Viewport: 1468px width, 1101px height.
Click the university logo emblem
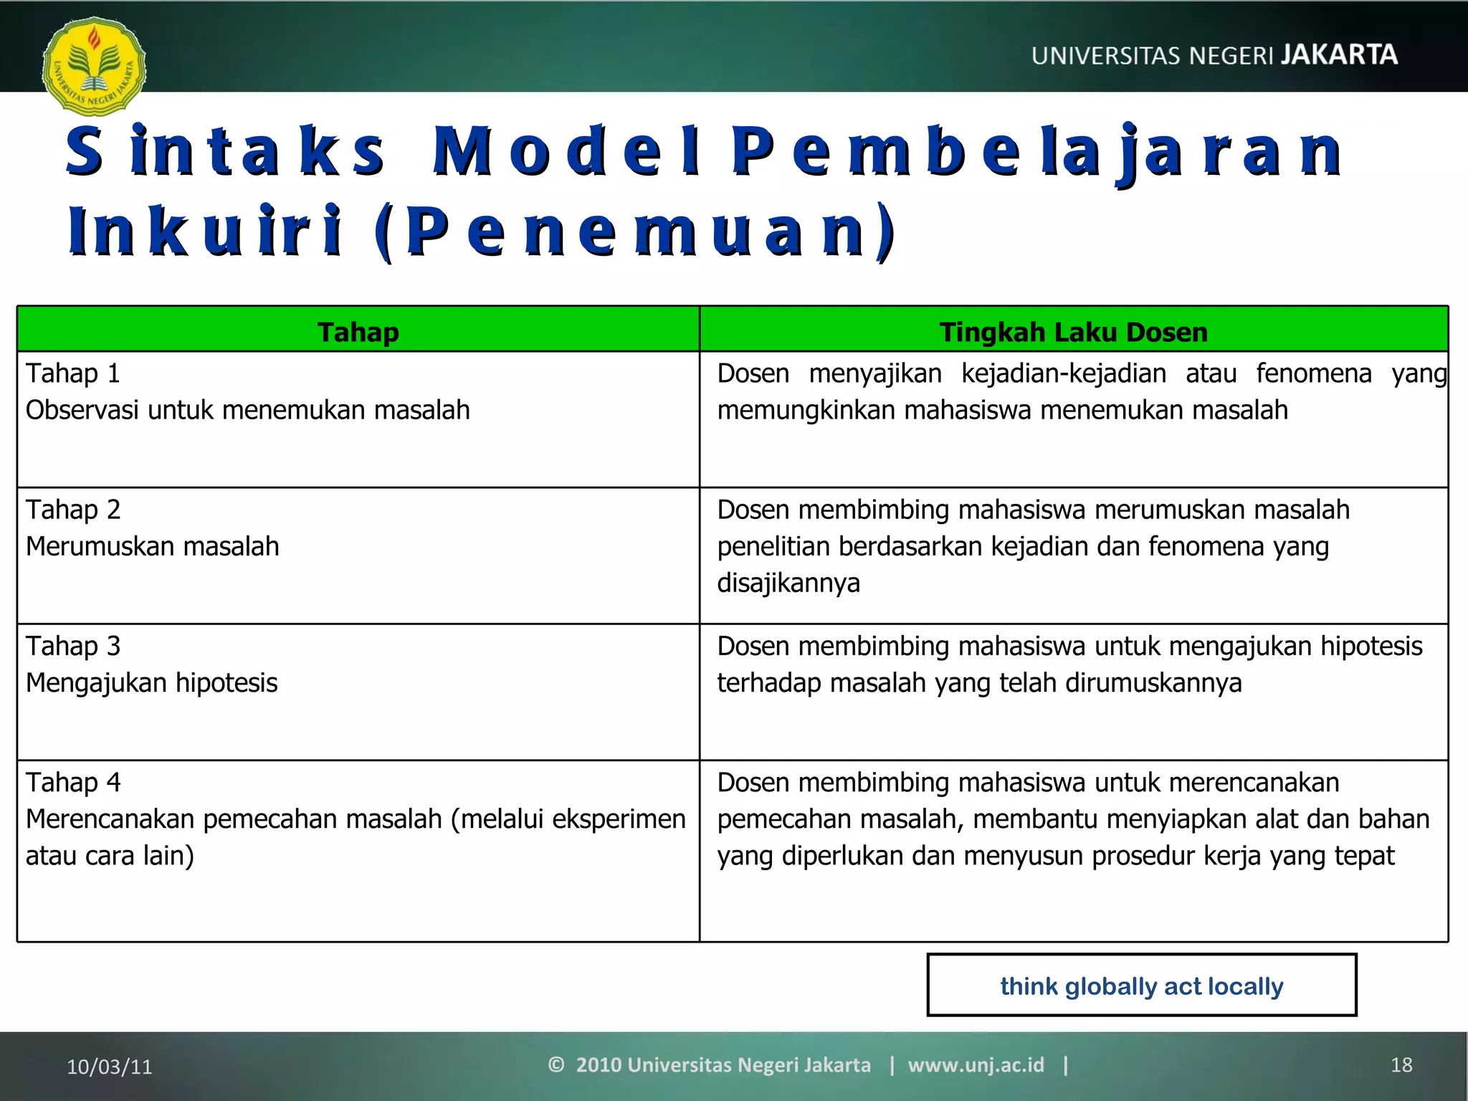pos(94,67)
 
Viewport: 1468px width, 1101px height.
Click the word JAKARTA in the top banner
pos(1338,54)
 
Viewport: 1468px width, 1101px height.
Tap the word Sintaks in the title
pos(226,151)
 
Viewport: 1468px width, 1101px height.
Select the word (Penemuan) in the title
pos(634,231)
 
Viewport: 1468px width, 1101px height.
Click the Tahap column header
pos(358,332)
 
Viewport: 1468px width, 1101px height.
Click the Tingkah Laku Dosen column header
pos(1073,332)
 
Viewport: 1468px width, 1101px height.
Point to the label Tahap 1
pos(72,373)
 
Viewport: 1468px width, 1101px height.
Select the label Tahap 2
pos(72,510)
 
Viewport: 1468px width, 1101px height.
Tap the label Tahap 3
pos(72,646)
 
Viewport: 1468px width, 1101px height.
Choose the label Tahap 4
pos(72,782)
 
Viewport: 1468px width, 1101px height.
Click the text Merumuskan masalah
pos(152,546)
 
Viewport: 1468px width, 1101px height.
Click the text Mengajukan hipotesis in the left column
pos(151,682)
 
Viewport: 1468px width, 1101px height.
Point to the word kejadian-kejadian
pos(1063,373)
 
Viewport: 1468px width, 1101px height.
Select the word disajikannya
pos(788,583)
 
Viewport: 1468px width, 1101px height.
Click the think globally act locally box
pos(1141,986)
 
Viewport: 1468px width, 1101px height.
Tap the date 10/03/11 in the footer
pos(109,1067)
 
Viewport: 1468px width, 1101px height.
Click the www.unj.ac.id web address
pos(976,1064)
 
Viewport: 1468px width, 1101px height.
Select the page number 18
pos(1401,1065)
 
